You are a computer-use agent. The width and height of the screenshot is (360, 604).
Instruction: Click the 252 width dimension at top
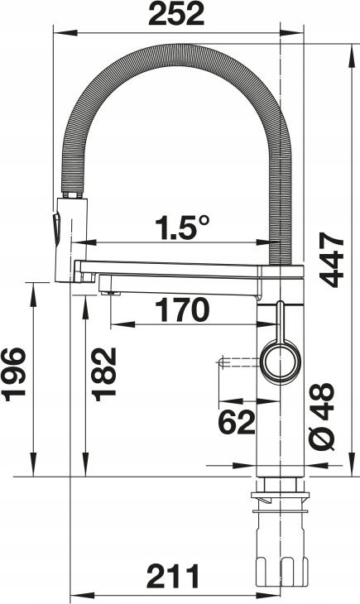(x=175, y=14)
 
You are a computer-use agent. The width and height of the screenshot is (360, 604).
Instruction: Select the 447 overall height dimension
(x=331, y=260)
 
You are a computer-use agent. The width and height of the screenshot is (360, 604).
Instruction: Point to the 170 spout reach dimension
(x=182, y=309)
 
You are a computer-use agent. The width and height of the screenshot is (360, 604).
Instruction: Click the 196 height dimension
(x=14, y=374)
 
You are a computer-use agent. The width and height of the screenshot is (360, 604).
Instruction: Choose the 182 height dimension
(x=104, y=374)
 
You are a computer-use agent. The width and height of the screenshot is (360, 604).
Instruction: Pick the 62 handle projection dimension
(x=237, y=421)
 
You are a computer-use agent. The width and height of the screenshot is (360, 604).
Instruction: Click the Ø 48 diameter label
(x=322, y=417)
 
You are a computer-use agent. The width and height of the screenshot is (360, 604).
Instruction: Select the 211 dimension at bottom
(x=173, y=576)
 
